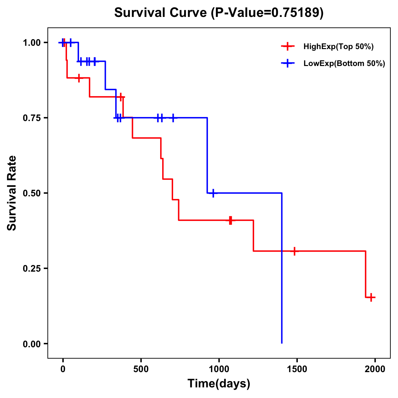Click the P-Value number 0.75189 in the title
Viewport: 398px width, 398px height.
(x=296, y=13)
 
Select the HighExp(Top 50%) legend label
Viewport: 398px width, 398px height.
(x=338, y=47)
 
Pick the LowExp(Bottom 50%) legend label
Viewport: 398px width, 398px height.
(x=344, y=64)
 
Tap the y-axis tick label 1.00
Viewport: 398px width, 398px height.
(x=32, y=43)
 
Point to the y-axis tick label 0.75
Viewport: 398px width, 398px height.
(x=32, y=118)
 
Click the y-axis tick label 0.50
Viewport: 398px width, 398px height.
(x=32, y=193)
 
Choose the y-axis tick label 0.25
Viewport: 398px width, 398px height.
(x=32, y=269)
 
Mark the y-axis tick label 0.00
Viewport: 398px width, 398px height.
(x=32, y=344)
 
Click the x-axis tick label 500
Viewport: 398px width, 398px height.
(x=141, y=369)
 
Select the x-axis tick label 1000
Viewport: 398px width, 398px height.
(x=219, y=369)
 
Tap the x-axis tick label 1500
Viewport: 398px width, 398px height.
(x=297, y=369)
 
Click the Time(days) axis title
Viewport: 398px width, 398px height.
(x=219, y=383)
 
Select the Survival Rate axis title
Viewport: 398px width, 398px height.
(x=12, y=193)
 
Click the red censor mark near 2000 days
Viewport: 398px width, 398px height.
(x=371, y=297)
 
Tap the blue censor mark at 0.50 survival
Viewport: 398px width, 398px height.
(x=213, y=193)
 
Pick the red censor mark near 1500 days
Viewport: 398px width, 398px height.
(x=294, y=251)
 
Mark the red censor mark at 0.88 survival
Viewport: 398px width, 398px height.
(x=79, y=78)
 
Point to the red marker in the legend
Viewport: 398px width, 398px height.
(x=288, y=47)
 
